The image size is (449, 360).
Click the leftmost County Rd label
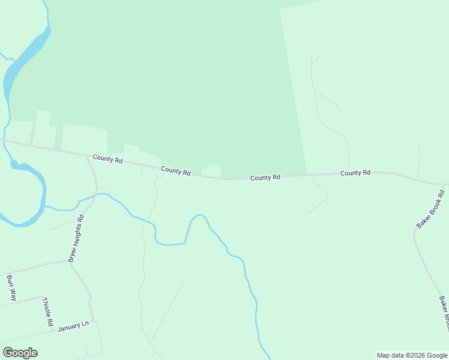pyautogui.click(x=107, y=160)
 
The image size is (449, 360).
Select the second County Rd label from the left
pyautogui.click(x=175, y=171)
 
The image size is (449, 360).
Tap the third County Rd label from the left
pyautogui.click(x=265, y=178)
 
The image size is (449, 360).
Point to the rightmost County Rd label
pyautogui.click(x=355, y=173)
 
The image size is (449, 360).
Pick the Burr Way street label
pyautogui.click(x=11, y=287)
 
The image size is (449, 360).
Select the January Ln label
pyautogui.click(x=73, y=326)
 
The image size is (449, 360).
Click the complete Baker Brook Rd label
pyautogui.click(x=430, y=209)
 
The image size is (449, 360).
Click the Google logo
pyautogui.click(x=20, y=353)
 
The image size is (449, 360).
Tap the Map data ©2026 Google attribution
pyautogui.click(x=412, y=355)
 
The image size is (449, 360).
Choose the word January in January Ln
pyautogui.click(x=68, y=327)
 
